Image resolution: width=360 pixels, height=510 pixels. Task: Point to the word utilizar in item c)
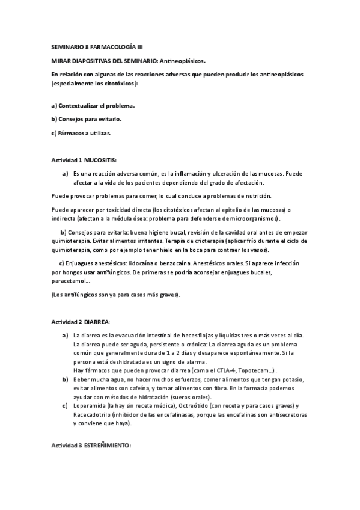click(98, 133)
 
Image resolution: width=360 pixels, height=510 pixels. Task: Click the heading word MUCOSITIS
click(100, 161)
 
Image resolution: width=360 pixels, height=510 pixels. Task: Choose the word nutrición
click(254, 196)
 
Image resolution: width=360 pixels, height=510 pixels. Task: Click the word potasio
click(290, 380)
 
